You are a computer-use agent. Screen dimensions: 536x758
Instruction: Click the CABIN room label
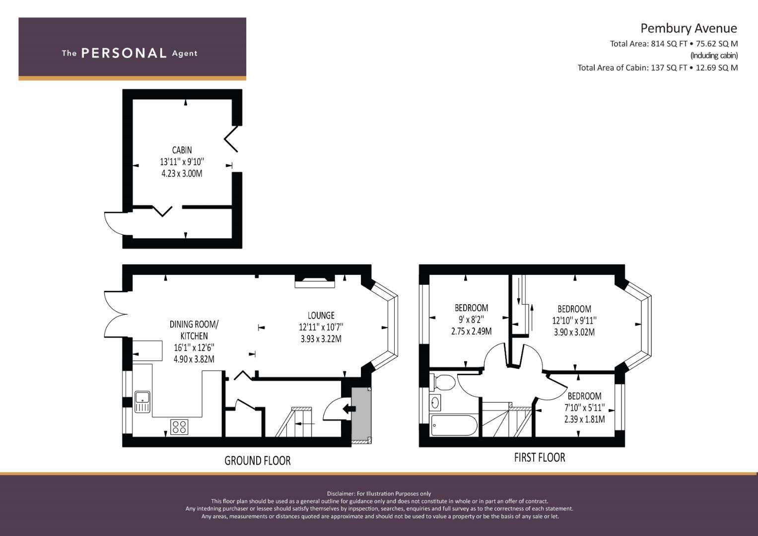(x=182, y=150)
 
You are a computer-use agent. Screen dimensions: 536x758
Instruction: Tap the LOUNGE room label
(x=321, y=315)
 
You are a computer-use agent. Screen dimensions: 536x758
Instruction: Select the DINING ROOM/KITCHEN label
(x=194, y=330)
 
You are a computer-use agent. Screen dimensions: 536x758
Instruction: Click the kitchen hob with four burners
(x=179, y=427)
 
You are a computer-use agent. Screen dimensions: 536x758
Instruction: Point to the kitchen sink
(x=142, y=401)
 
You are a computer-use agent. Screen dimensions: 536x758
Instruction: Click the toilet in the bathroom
(x=443, y=383)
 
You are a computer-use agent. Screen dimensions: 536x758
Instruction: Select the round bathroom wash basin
(x=436, y=402)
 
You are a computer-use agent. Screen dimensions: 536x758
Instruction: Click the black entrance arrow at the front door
(x=349, y=408)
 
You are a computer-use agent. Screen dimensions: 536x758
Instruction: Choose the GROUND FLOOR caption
(x=257, y=461)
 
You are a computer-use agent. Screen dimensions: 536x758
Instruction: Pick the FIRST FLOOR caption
(x=539, y=457)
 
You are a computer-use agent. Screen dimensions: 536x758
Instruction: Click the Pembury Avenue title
(x=689, y=28)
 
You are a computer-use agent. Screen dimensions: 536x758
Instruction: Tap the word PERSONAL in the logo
(x=124, y=53)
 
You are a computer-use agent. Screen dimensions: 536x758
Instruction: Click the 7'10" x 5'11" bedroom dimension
(x=584, y=407)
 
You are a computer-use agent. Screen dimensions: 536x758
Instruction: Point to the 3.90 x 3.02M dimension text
(x=574, y=333)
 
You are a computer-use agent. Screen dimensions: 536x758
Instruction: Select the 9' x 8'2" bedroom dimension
(x=471, y=320)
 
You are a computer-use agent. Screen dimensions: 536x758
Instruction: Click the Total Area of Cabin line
(x=657, y=67)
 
